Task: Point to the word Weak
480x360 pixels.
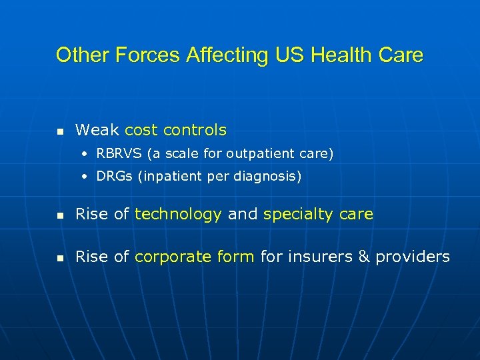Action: (x=98, y=130)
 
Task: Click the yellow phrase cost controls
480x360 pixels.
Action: (x=175, y=130)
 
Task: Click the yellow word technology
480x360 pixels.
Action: (x=178, y=215)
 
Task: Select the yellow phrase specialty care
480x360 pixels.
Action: (x=318, y=215)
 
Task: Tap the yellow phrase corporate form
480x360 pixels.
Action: (x=195, y=257)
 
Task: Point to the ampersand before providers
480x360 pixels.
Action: (x=364, y=257)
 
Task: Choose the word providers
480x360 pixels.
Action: (x=413, y=257)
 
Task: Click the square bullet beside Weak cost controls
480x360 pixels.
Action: (x=60, y=131)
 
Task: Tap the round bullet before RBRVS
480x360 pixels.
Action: (x=85, y=155)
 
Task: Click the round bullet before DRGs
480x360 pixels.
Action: (x=85, y=177)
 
